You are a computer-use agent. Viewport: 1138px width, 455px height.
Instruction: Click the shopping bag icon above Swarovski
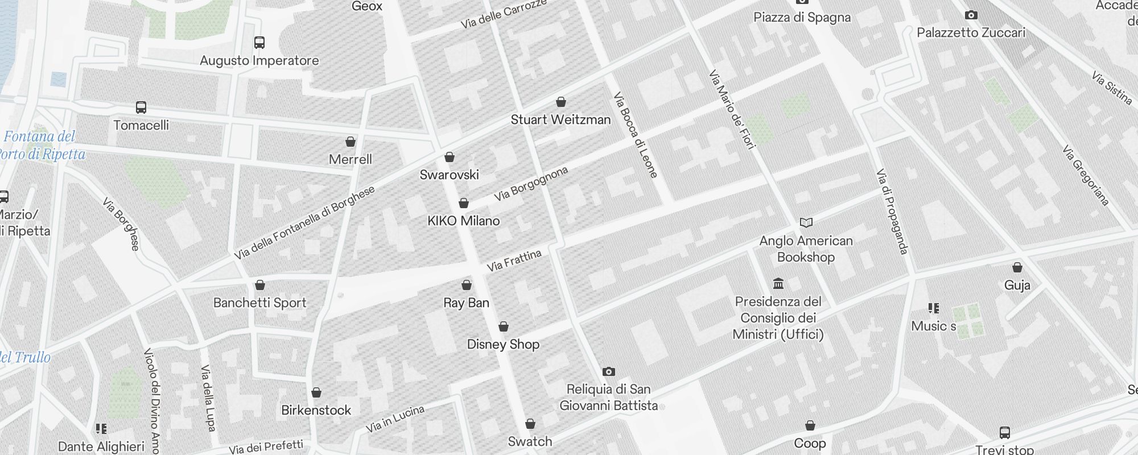click(x=450, y=157)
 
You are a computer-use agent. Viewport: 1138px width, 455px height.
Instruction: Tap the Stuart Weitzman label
click(x=560, y=119)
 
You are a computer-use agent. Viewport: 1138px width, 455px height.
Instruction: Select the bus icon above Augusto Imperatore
click(x=259, y=43)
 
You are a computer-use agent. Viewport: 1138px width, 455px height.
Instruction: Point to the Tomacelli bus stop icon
click(x=141, y=107)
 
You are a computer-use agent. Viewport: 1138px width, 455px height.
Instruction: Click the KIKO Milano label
click(x=464, y=221)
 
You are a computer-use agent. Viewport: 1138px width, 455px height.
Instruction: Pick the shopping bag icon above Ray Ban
click(x=467, y=285)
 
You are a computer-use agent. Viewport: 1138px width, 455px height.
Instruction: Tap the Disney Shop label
click(x=503, y=344)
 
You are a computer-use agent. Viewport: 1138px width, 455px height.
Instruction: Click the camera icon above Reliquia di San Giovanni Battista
click(x=609, y=372)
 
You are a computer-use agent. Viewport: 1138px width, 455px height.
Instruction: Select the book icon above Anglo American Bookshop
click(x=806, y=222)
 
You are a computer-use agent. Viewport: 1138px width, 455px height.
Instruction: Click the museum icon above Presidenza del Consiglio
click(x=778, y=283)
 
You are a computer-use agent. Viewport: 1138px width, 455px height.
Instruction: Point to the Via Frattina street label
click(x=514, y=260)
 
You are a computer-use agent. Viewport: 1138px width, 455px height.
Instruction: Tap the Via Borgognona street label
click(x=531, y=184)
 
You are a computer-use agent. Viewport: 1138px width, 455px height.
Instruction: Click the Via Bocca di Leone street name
click(x=636, y=135)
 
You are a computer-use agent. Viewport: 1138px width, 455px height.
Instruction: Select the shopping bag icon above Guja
click(x=1017, y=267)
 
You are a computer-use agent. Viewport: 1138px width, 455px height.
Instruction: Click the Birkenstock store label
click(x=316, y=410)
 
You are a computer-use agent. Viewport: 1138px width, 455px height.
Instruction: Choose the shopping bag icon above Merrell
click(x=351, y=142)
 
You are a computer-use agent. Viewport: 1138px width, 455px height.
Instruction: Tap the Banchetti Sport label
click(x=260, y=303)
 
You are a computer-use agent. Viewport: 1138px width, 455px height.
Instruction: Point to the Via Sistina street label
click(x=1112, y=88)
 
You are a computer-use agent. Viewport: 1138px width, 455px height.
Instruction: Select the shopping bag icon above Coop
click(x=810, y=425)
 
